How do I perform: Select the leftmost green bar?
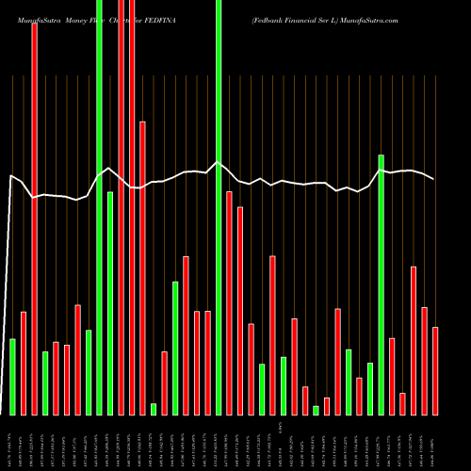[12, 377]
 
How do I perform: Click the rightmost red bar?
[435, 370]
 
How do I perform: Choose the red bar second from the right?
[425, 361]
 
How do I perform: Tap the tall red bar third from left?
[34, 217]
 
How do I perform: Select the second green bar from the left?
[45, 382]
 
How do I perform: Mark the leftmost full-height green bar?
[99, 207]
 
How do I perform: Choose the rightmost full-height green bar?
[219, 207]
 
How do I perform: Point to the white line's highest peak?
[219, 162]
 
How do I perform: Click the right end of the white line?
[434, 178]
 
